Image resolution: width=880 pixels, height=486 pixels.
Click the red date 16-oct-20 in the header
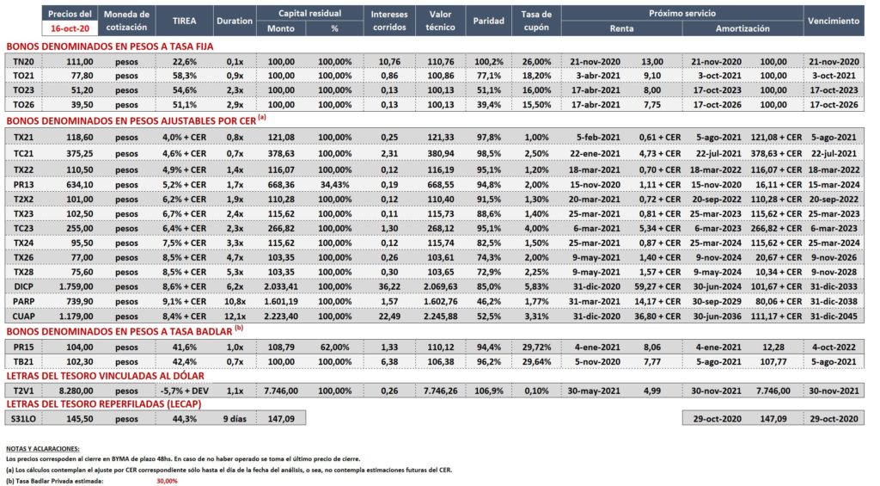point(70,28)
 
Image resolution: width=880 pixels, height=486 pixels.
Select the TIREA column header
point(184,21)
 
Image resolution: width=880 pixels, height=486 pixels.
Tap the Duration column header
point(235,21)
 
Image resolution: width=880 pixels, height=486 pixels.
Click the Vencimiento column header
point(834,21)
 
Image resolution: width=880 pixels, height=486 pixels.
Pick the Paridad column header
point(488,21)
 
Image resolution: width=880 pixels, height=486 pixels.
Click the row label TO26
point(23,104)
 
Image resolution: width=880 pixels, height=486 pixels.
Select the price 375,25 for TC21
point(80,153)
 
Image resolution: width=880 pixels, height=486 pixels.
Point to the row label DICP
point(23,286)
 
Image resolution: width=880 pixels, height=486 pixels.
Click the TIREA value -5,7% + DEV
point(184,391)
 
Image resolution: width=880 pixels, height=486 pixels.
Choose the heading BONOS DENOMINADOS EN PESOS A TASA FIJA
point(110,46)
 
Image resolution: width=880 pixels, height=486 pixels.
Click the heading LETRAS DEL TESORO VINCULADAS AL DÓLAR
point(106,376)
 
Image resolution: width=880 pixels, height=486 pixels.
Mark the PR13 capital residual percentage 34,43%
point(335,185)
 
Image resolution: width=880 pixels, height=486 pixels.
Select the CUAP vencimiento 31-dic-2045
point(834,317)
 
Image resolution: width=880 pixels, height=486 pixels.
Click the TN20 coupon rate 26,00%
point(536,62)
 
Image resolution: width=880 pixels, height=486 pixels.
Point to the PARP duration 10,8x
point(235,302)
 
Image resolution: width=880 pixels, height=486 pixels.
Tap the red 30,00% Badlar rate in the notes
point(167,481)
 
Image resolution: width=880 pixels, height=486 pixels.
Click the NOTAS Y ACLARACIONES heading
point(43,449)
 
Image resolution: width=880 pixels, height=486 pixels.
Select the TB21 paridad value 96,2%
point(488,362)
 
